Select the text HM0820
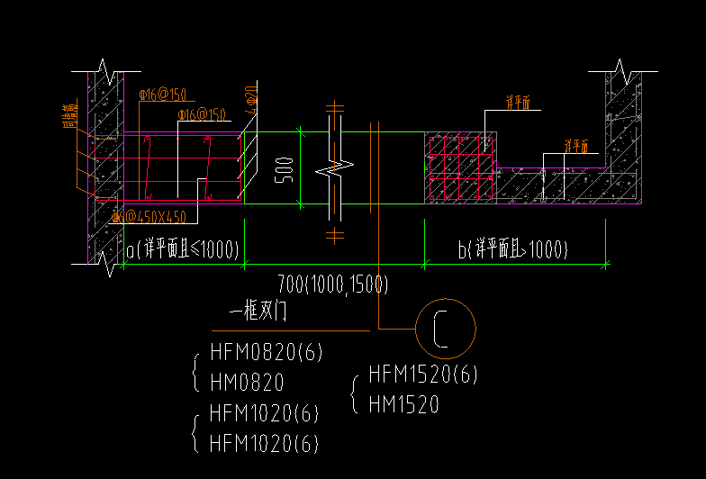(247, 382)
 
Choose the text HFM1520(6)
(423, 374)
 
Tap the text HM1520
(403, 405)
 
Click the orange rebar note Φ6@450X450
(149, 217)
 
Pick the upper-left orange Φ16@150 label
(162, 95)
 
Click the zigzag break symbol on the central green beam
(333, 167)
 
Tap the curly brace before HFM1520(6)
(354, 390)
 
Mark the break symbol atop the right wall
(622, 68)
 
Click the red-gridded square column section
(460, 167)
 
